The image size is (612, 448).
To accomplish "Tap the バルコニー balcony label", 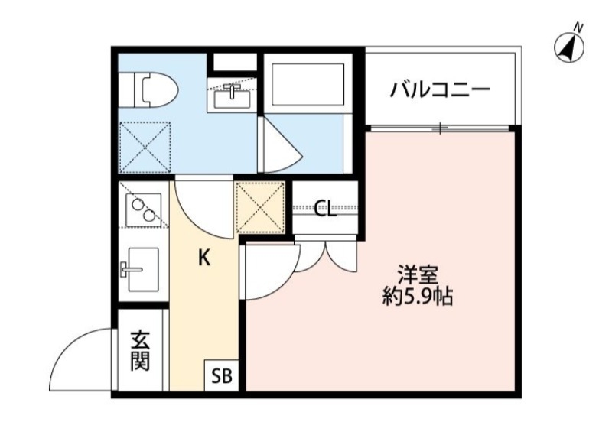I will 439,90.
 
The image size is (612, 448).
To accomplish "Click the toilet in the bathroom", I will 151,87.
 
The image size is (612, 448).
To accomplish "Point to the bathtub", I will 306,83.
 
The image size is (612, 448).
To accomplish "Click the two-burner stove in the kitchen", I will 143,206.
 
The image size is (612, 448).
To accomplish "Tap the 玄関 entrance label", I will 139,349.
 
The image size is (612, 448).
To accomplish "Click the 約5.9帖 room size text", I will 418,297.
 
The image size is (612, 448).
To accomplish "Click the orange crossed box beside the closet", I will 261,207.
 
